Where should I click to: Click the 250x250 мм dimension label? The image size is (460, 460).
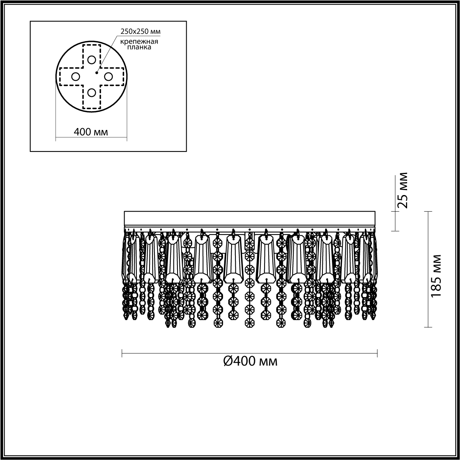140,31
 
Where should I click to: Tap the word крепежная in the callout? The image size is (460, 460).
139,42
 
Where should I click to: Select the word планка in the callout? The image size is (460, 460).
139,47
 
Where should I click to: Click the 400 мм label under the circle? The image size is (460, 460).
91,132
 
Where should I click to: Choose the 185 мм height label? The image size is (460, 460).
436,276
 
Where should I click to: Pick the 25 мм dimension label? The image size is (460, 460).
402,190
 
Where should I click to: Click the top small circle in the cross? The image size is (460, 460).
92,60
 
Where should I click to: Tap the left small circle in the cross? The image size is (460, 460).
76,77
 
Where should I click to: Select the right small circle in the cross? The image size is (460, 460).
108,77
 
